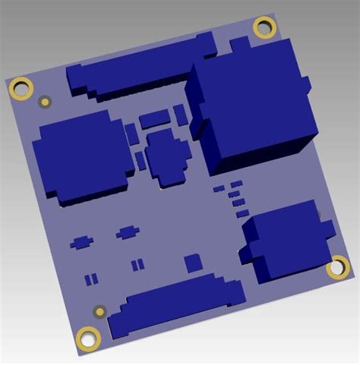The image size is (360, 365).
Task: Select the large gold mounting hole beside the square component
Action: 22,89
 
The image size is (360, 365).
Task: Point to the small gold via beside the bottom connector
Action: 99,311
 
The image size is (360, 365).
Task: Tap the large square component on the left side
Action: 79,156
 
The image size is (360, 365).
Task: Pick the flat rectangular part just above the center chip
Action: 154,118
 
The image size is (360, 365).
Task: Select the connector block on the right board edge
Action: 286,241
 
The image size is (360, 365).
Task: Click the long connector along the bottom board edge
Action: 175,307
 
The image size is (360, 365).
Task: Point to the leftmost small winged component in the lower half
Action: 81,242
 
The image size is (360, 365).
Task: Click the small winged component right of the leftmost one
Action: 127,231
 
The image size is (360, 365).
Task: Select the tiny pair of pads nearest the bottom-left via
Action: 90,278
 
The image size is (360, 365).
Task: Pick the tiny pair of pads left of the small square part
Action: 137,265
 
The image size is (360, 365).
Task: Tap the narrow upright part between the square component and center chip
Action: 141,160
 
